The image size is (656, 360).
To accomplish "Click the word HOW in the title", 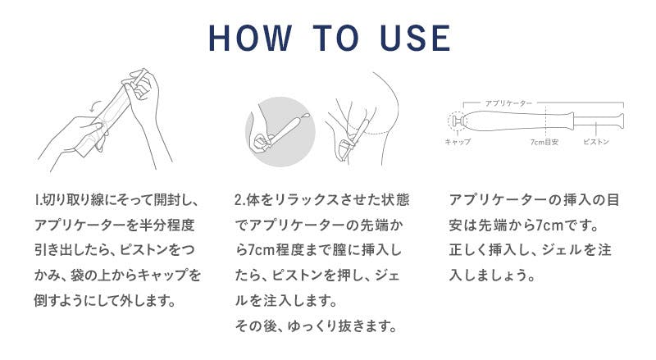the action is (250, 38).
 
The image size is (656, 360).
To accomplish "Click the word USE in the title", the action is (416, 38).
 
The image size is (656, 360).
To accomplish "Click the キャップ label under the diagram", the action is (458, 142).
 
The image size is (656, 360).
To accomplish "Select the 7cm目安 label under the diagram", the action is (544, 142).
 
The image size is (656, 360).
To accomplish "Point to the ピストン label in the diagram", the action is (596, 142).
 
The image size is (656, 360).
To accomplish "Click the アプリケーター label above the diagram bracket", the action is (508, 103).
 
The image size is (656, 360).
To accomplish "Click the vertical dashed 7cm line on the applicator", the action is (545, 121).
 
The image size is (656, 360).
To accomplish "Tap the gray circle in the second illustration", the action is (280, 131).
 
